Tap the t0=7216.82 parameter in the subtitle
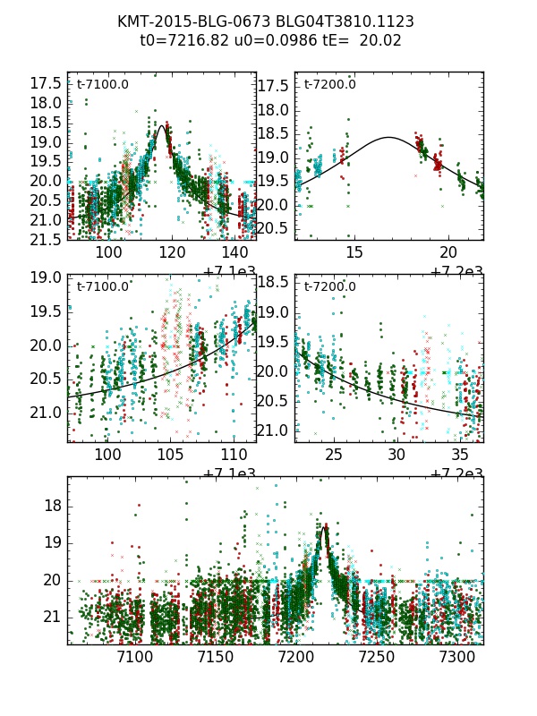pyautogui.click(x=181, y=40)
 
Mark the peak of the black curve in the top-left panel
pyautogui.click(x=162, y=126)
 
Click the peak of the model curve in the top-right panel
pyautogui.click(x=388, y=137)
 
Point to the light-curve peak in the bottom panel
pyautogui.click(x=325, y=526)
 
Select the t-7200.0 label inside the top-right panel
pyautogui.click(x=329, y=85)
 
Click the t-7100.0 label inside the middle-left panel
pyautogui.click(x=102, y=286)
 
